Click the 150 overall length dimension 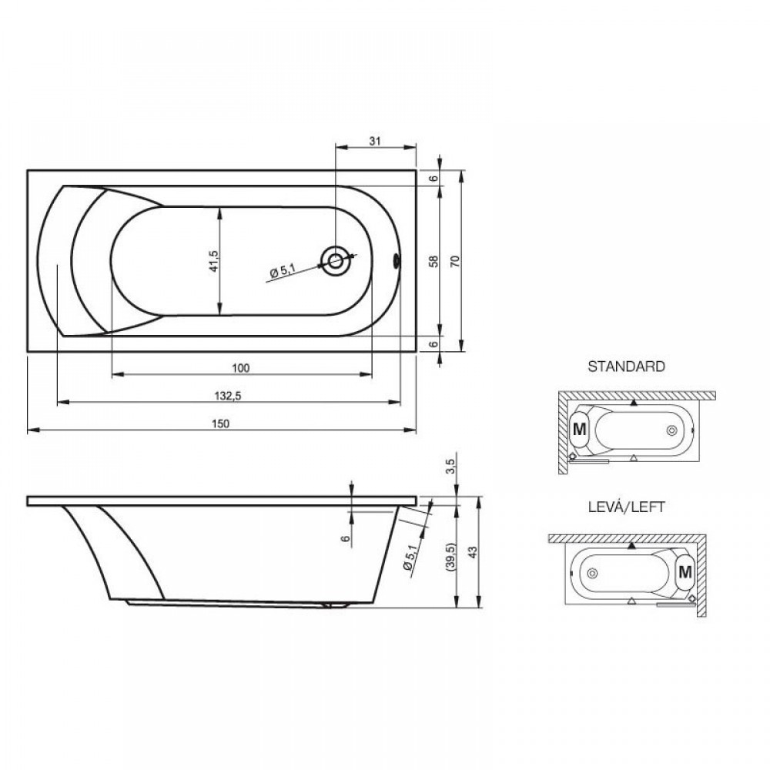tap(221, 423)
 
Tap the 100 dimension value tap(240, 368)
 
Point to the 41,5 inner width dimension tap(213, 261)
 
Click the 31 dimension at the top tap(375, 141)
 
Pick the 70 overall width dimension tap(455, 261)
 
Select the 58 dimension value tap(434, 261)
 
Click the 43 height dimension tap(473, 552)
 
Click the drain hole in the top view tap(336, 261)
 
